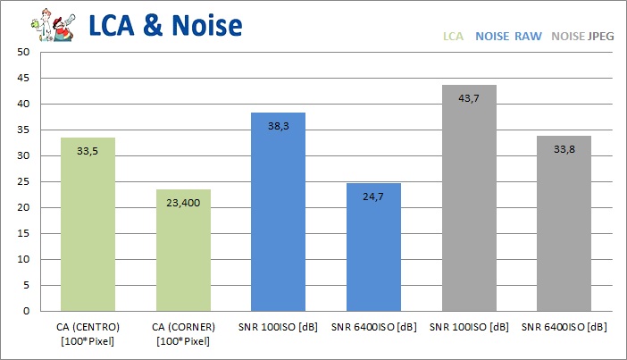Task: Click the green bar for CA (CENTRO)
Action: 87,224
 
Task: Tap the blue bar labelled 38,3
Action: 278,212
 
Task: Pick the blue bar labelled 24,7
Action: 373,247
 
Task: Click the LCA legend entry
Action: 454,37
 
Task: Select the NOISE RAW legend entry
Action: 508,37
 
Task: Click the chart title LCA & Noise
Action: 165,25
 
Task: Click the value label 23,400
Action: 182,203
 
